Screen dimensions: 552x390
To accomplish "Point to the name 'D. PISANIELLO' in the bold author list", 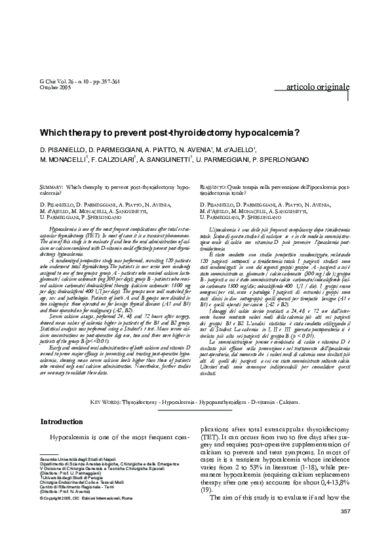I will click(x=62, y=149).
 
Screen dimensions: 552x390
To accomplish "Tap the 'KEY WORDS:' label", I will click(x=104, y=400).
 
